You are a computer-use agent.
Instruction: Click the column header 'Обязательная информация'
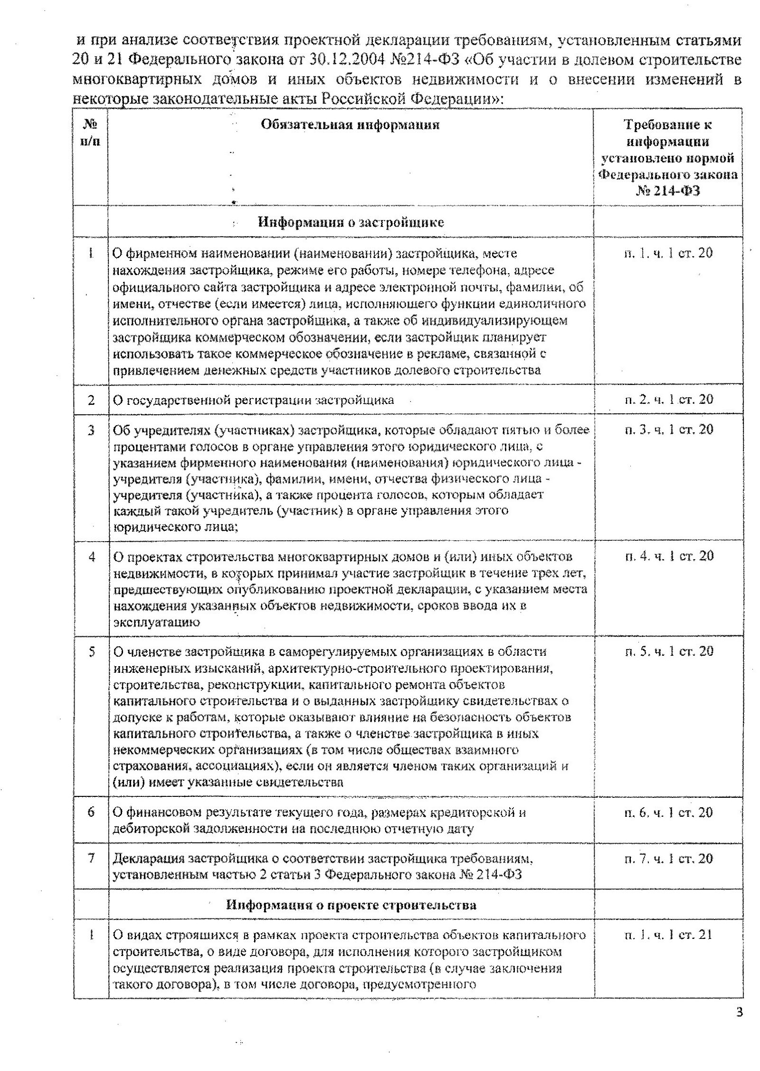click(x=350, y=125)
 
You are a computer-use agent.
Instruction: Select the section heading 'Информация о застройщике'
click(x=351, y=222)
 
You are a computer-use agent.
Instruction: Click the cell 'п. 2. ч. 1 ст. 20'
click(x=668, y=399)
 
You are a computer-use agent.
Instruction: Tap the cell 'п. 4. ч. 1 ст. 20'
click(x=668, y=555)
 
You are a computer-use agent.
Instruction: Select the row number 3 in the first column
click(x=91, y=430)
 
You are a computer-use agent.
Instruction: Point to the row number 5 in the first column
click(x=91, y=651)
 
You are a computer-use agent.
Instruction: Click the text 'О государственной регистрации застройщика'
click(x=253, y=400)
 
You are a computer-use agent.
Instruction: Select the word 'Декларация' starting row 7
click(x=148, y=859)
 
